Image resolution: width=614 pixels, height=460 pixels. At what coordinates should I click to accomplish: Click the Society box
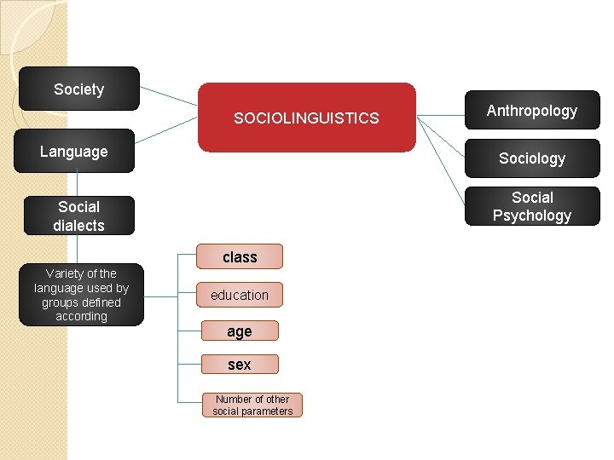pyautogui.click(x=78, y=89)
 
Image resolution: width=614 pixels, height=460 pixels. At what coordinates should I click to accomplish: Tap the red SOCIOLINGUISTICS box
pyautogui.click(x=307, y=118)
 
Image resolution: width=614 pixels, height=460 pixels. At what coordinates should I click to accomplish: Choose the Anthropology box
pyautogui.click(x=532, y=111)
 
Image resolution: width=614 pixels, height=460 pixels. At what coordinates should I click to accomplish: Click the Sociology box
pyautogui.click(x=532, y=158)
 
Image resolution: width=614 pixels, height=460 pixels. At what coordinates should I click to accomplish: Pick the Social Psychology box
pyautogui.click(x=532, y=206)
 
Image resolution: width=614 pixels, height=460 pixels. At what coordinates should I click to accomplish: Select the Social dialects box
pyautogui.click(x=78, y=216)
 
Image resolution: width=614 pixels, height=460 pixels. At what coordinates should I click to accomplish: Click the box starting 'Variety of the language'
pyautogui.click(x=81, y=295)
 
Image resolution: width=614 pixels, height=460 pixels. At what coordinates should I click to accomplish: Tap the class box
pyautogui.click(x=240, y=256)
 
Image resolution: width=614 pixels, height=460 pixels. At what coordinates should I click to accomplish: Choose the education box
pyautogui.click(x=240, y=295)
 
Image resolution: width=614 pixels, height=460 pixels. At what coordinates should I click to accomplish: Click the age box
pyautogui.click(x=240, y=331)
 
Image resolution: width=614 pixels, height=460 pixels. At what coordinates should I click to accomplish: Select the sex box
pyautogui.click(x=240, y=365)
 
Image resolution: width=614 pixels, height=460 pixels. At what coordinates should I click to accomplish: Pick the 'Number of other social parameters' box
pyautogui.click(x=252, y=405)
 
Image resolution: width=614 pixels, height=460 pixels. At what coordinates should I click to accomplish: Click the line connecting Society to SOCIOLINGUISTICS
pyautogui.click(x=168, y=95)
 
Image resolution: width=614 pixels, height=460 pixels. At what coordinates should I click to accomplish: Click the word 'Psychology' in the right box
pyautogui.click(x=532, y=216)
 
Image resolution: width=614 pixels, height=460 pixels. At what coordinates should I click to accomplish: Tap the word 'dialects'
pyautogui.click(x=78, y=226)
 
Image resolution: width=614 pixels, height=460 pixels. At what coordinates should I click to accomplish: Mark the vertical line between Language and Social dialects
pyautogui.click(x=78, y=184)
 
